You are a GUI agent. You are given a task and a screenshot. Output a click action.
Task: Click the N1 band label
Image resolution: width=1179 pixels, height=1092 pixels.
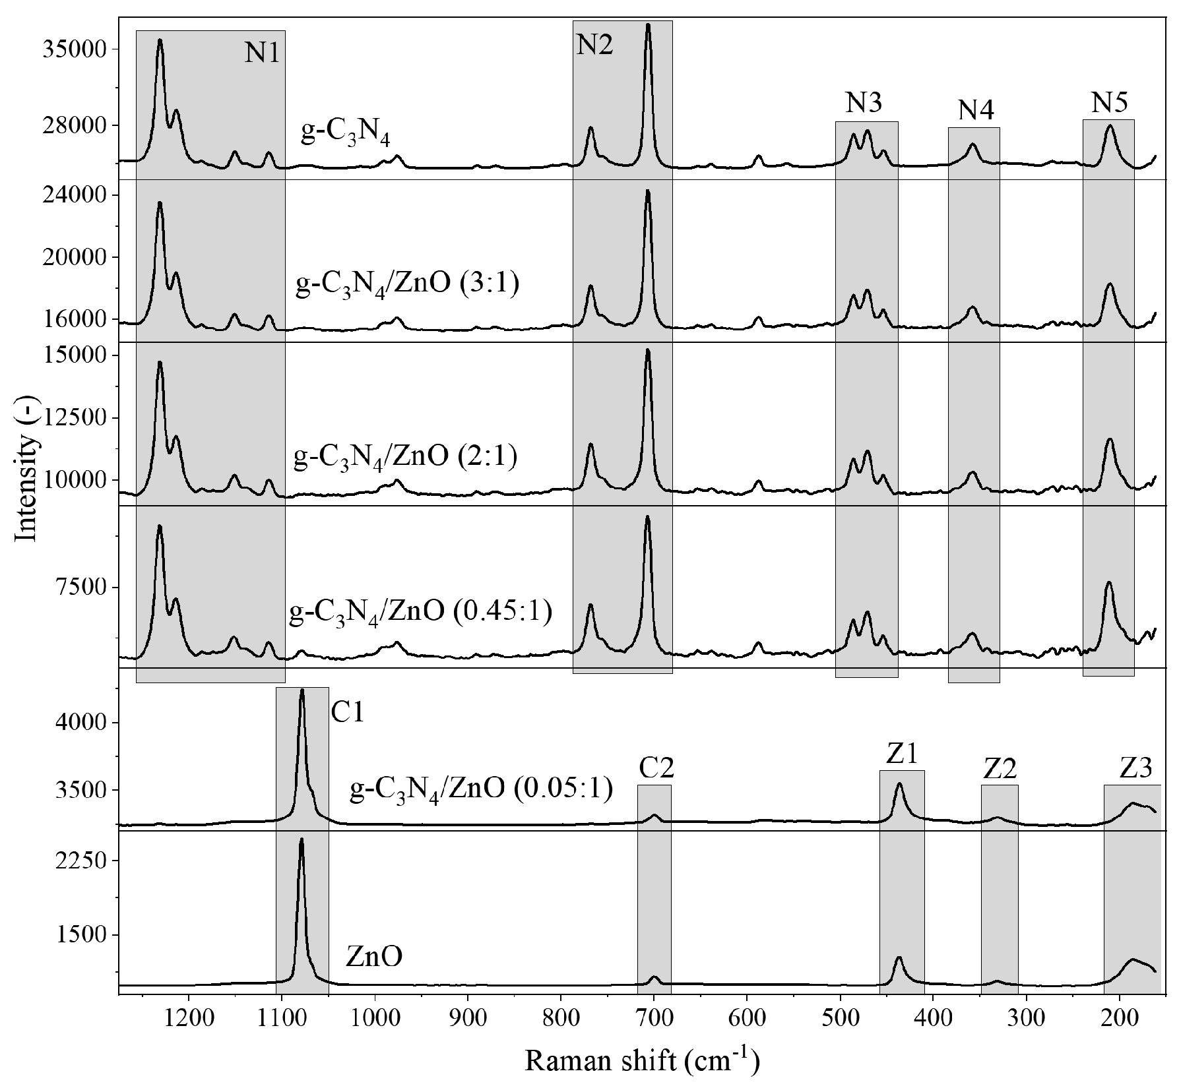tap(263, 53)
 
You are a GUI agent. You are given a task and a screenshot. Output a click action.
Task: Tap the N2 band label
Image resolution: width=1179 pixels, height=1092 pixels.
tap(594, 45)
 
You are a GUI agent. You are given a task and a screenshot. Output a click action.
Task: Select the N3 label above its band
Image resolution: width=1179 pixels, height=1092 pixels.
tap(864, 103)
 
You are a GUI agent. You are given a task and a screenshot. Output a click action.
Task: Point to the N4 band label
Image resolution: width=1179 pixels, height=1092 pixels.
tap(976, 110)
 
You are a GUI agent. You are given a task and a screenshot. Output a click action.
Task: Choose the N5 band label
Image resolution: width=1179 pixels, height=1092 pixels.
tap(1110, 102)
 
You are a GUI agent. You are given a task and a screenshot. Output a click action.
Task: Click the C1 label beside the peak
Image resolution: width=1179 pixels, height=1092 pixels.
tap(347, 713)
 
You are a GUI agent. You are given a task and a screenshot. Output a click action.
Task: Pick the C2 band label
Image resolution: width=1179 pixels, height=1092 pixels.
tap(656, 768)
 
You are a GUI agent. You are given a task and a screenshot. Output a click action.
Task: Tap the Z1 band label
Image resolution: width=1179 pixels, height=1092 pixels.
tap(902, 754)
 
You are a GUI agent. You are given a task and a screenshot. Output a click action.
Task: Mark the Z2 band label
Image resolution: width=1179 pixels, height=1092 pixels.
tap(999, 768)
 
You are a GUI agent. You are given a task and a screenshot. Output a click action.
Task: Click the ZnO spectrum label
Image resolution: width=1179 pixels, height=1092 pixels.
tap(373, 957)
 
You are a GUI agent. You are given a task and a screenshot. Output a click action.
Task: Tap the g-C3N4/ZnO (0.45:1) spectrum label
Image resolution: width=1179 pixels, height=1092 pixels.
tap(420, 612)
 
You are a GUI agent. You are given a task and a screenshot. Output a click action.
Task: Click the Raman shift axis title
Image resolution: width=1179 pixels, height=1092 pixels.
tap(642, 1062)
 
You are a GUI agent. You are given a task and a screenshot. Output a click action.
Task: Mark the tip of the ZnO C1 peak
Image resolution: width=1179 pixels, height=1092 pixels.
tap(302, 839)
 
